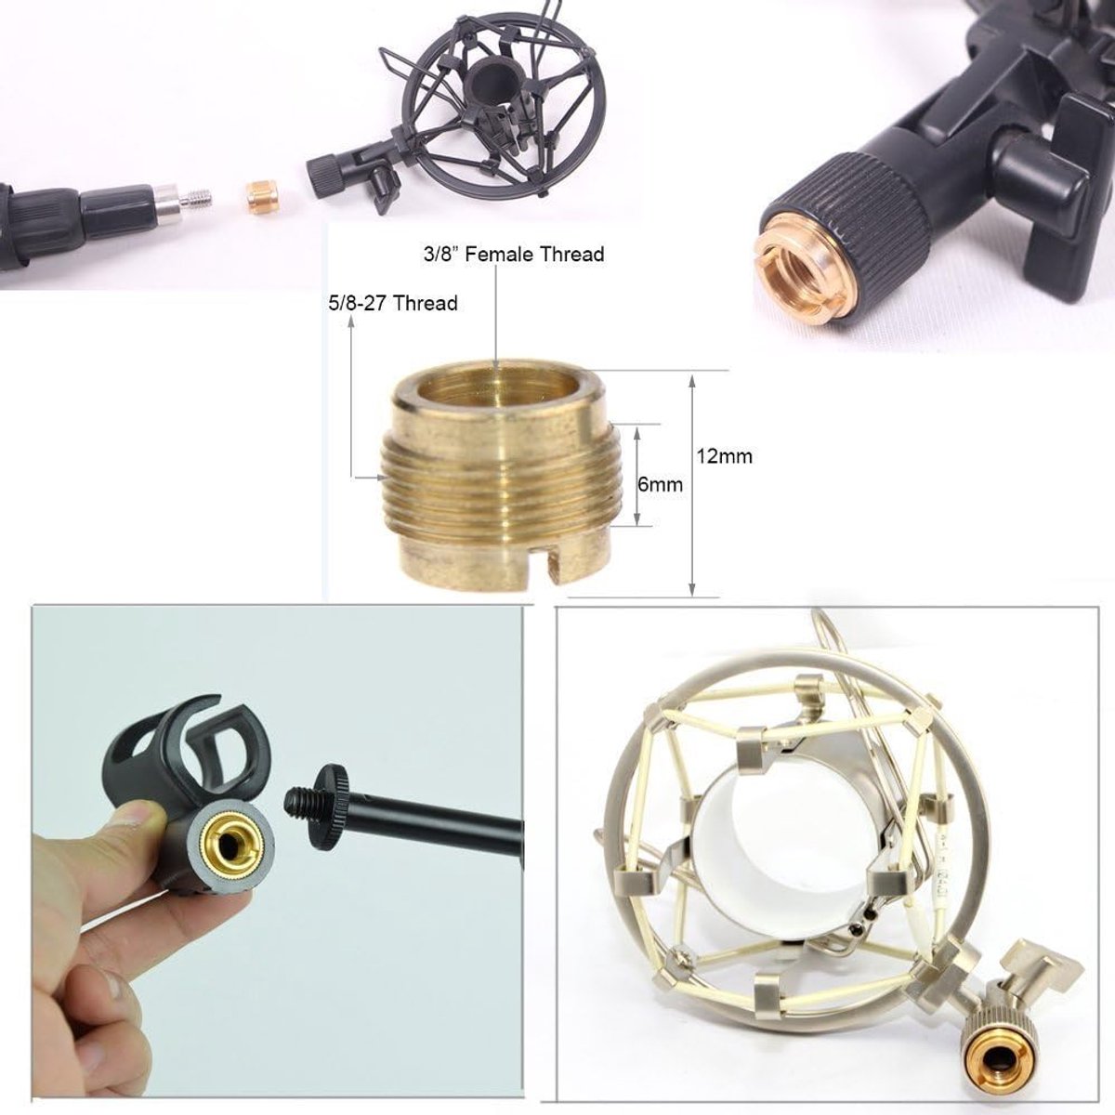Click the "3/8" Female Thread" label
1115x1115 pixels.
coord(514,254)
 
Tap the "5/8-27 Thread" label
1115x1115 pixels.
coord(393,303)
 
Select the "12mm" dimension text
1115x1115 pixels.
coord(724,456)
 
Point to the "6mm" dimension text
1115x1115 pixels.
coord(661,484)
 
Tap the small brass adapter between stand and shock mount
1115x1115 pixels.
coord(261,195)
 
